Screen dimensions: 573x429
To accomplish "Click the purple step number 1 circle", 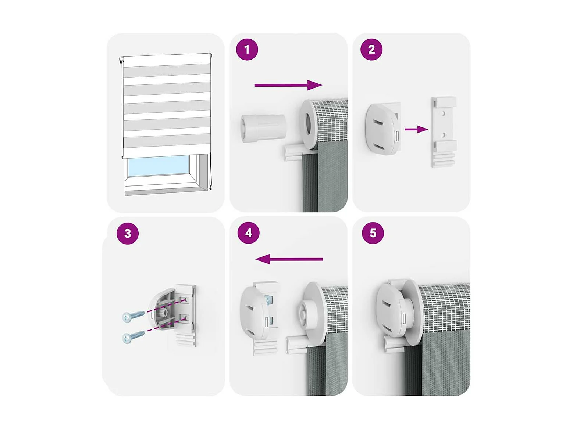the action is pyautogui.click(x=247, y=50).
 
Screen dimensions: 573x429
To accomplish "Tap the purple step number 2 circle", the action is pyautogui.click(x=371, y=50).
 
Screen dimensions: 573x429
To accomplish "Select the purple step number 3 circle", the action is pyautogui.click(x=127, y=233).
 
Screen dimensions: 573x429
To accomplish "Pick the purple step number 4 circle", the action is pyautogui.click(x=249, y=233).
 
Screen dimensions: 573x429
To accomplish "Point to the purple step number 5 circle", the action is pyautogui.click(x=373, y=233).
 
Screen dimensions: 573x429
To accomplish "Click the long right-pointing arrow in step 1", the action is pyautogui.click(x=288, y=85).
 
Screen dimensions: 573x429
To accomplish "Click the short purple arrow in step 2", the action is pyautogui.click(x=416, y=129).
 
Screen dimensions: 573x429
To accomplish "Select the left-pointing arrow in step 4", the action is pyautogui.click(x=289, y=259).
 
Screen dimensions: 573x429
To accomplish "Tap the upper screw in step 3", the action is pyautogui.click(x=134, y=316).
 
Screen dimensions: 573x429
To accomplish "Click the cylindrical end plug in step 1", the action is pyautogui.click(x=263, y=128).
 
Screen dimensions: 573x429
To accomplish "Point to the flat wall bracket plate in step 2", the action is pyautogui.click(x=444, y=132).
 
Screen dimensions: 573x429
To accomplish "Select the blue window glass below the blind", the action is pyautogui.click(x=158, y=166).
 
